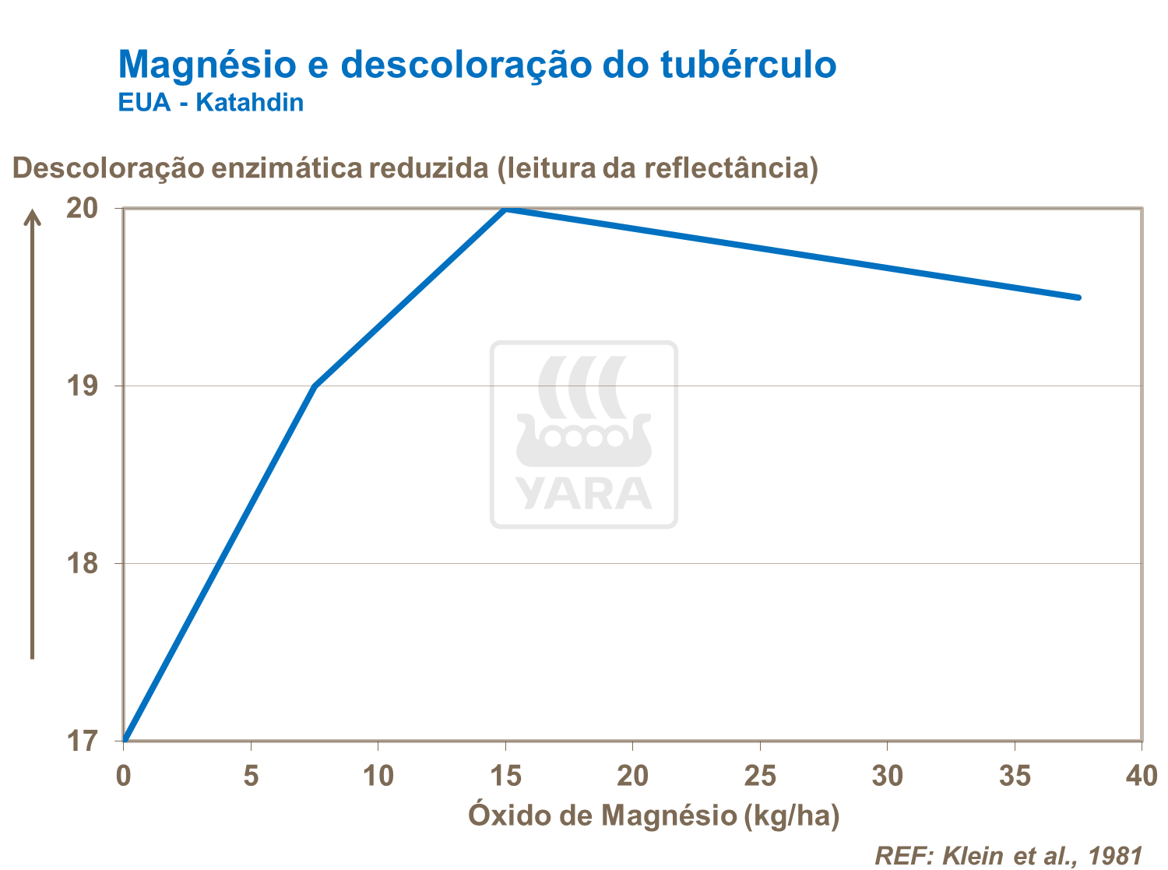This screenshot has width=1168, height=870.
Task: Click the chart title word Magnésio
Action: (207, 65)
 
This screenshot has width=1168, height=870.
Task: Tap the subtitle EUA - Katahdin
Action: (210, 103)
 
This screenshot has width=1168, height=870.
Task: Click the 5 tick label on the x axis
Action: (251, 776)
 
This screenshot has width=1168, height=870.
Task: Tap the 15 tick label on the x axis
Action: (505, 776)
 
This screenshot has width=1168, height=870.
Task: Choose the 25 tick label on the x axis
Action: (760, 776)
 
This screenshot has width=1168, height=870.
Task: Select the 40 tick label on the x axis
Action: (1142, 776)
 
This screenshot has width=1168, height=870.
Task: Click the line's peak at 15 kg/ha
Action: (505, 209)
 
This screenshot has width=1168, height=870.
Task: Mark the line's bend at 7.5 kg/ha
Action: (315, 386)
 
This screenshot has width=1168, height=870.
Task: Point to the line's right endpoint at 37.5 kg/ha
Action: (1078, 298)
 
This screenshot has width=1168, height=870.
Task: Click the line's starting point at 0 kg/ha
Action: (125, 738)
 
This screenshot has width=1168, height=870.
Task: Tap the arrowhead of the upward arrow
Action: (32, 216)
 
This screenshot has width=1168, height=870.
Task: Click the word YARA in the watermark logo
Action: (583, 493)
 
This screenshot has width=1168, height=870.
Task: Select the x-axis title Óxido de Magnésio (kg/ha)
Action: (653, 815)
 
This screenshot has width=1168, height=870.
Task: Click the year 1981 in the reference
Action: (1115, 855)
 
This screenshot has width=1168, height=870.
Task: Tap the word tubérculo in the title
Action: (748, 65)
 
